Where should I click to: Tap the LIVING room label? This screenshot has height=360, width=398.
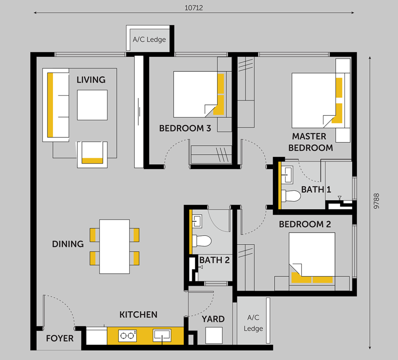click(x=91, y=80)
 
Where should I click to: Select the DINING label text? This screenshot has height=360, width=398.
click(x=68, y=244)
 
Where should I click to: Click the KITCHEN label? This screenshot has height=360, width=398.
click(x=138, y=315)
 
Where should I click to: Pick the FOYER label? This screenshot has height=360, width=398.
click(x=60, y=338)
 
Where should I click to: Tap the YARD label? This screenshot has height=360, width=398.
click(x=213, y=319)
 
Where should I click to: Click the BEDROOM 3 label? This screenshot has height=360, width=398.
click(x=185, y=128)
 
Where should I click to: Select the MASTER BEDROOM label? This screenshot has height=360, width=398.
click(x=311, y=142)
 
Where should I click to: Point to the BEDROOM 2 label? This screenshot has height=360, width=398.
click(x=305, y=224)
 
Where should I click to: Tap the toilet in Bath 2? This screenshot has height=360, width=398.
click(x=201, y=241)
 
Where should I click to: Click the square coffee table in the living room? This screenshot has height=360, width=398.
click(x=92, y=105)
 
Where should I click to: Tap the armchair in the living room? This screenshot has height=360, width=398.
click(x=92, y=154)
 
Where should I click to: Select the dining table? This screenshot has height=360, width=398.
click(x=114, y=246)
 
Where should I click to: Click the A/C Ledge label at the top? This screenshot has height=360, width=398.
click(x=149, y=39)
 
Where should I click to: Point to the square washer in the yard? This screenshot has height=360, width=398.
click(x=214, y=335)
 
